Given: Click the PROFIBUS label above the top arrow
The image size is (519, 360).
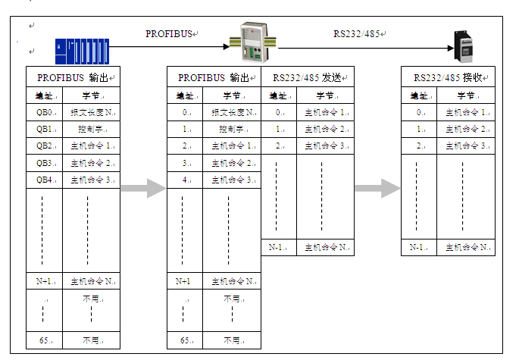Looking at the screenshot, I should (170, 33).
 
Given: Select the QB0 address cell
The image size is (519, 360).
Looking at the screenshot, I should (45, 112).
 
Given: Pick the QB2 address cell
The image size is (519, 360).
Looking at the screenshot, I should (45, 146).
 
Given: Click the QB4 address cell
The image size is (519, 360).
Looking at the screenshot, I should (45, 180).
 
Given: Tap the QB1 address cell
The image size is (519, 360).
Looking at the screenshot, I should (45, 129).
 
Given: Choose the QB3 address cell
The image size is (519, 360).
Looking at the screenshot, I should (45, 163).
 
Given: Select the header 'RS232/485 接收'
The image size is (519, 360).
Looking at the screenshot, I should (447, 77).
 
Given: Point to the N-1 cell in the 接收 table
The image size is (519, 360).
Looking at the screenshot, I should (417, 247).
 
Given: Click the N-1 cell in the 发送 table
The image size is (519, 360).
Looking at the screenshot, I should (278, 247).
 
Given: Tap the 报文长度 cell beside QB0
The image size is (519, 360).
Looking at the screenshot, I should (91, 112).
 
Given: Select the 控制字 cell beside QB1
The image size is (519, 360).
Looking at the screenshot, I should (91, 129).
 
